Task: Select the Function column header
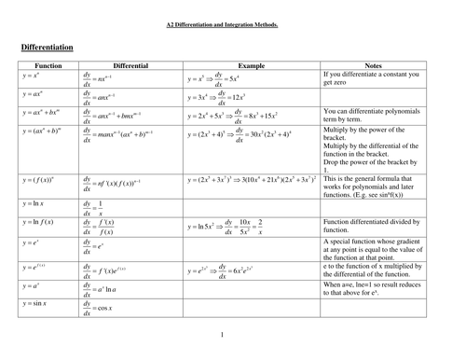48,66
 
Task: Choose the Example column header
252,66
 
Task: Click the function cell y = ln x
36,204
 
